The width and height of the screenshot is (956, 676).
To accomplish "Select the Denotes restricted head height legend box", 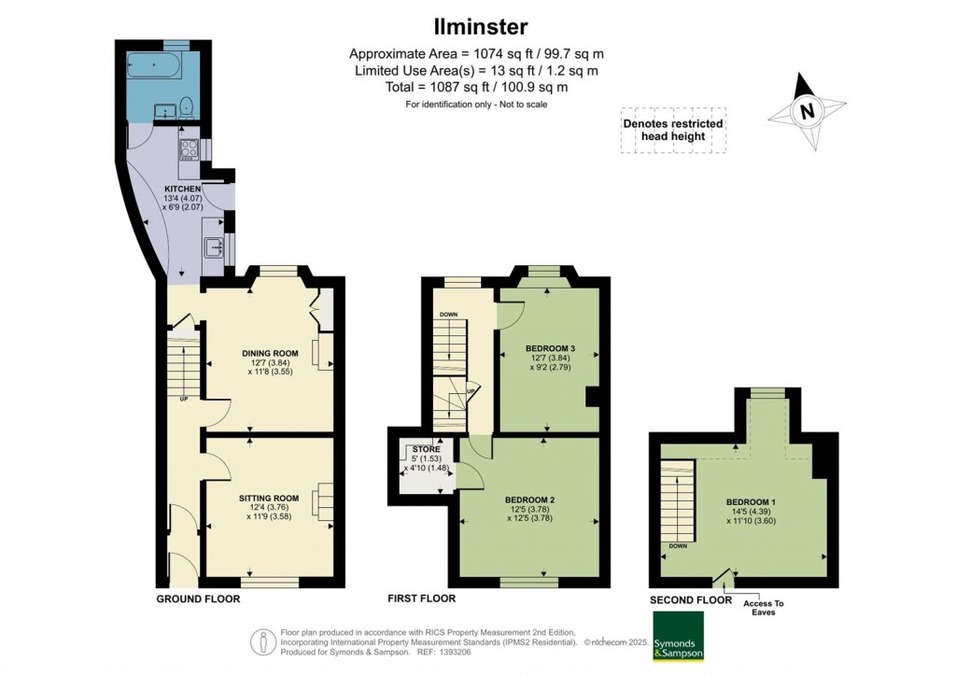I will tap(672, 130).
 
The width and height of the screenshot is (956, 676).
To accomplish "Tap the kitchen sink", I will tap(213, 248).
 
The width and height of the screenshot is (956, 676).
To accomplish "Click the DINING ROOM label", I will tap(270, 353).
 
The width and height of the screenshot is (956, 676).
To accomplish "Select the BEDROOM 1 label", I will tap(752, 502).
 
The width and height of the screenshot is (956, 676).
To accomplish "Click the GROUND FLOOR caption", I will tap(197, 599).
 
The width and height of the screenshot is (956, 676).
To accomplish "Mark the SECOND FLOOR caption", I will tap(690, 599).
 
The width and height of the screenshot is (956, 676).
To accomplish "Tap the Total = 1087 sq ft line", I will tap(476, 87).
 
